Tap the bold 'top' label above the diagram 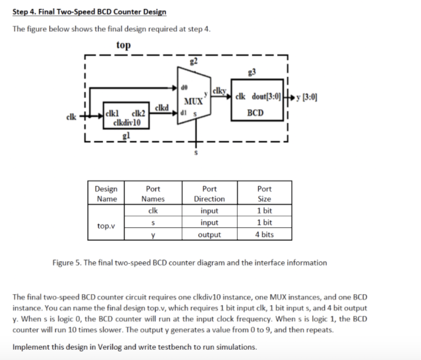point(123,45)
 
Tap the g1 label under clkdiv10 point(126,136)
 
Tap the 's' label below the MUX point(194,153)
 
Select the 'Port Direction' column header point(209,194)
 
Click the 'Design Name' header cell point(106,194)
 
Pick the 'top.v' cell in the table point(106,225)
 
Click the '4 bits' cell point(264,234)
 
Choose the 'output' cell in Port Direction point(209,234)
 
